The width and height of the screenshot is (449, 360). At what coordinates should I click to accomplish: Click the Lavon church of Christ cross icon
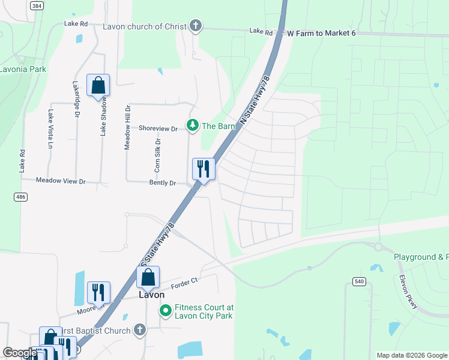pyautogui.click(x=195, y=26)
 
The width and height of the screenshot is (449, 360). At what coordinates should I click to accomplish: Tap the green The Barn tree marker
pyautogui.click(x=193, y=125)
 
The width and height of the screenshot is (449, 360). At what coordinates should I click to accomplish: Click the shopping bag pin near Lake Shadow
pyautogui.click(x=98, y=85)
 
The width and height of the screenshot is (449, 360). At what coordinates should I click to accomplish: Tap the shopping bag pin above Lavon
pyautogui.click(x=148, y=278)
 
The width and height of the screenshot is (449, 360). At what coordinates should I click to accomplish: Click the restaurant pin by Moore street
pyautogui.click(x=98, y=293)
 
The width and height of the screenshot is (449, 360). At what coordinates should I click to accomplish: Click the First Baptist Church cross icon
pyautogui.click(x=139, y=330)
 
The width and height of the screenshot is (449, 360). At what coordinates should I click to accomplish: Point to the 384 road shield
pyautogui.click(x=37, y=5)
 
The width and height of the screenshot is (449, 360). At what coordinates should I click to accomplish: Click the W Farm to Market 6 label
pyautogui.click(x=322, y=32)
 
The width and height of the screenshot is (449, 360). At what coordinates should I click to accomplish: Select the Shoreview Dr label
pyautogui.click(x=158, y=128)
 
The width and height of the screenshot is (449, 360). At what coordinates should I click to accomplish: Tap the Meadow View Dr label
pyautogui.click(x=61, y=180)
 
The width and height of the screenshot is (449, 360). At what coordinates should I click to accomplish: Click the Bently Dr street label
pyautogui.click(x=163, y=183)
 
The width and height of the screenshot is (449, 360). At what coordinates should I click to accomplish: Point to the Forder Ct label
pyautogui.click(x=184, y=284)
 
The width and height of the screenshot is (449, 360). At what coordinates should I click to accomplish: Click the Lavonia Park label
pyautogui.click(x=23, y=69)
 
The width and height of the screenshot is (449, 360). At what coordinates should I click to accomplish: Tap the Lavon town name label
pyautogui.click(x=151, y=295)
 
